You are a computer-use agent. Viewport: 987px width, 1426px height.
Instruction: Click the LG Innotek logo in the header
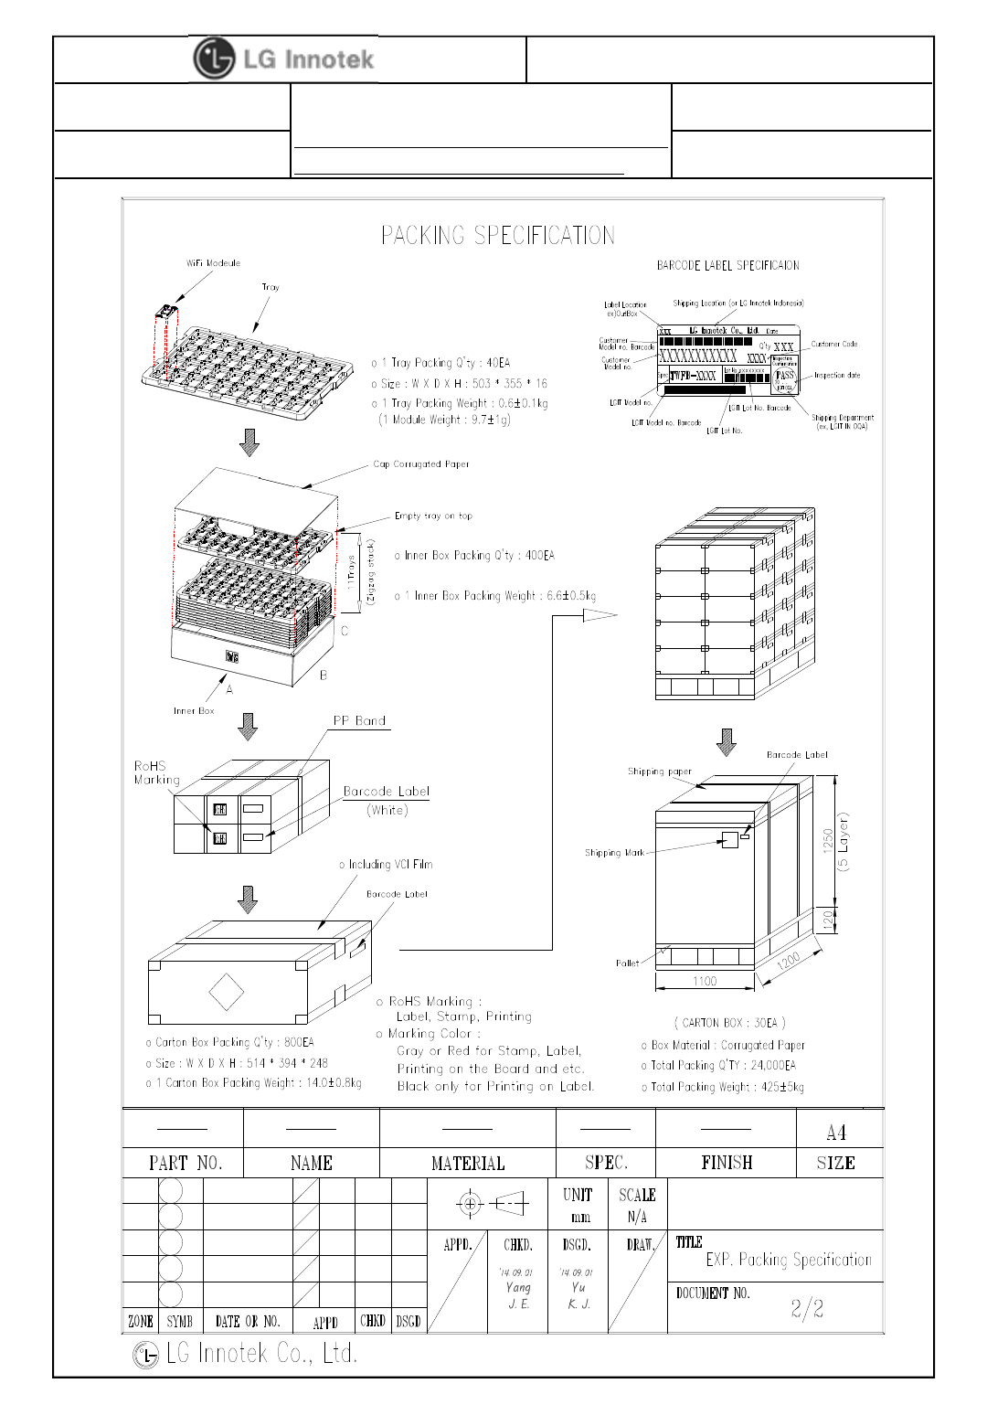pos(284,59)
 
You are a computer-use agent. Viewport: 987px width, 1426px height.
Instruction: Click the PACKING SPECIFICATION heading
pos(497,236)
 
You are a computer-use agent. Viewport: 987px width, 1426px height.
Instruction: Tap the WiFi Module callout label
pos(213,263)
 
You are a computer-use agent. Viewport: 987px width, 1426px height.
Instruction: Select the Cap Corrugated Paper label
pos(420,464)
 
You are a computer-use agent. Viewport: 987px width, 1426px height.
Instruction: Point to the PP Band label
pos(359,721)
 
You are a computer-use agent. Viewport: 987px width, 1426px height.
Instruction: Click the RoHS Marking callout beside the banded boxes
pos(156,773)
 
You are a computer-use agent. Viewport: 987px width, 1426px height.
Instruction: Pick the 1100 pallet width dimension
pos(705,982)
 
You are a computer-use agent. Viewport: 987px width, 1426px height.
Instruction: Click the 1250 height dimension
pos(828,841)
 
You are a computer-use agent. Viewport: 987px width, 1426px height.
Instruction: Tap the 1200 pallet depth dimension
pos(788,963)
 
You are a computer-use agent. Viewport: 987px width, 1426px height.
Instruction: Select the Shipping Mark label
pos(614,853)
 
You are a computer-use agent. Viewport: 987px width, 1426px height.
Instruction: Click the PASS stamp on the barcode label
pos(785,376)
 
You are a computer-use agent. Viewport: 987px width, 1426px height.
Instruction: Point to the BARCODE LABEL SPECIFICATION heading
pos(727,266)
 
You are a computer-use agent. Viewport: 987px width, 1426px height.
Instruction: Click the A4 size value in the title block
pos(835,1133)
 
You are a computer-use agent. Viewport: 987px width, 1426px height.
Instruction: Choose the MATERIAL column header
pos(467,1164)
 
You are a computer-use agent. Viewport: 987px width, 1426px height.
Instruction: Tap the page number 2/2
pos(807,1309)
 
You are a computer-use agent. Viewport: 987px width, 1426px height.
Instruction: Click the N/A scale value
pos(637,1218)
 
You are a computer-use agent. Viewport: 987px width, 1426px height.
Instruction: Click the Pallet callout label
pos(627,963)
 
